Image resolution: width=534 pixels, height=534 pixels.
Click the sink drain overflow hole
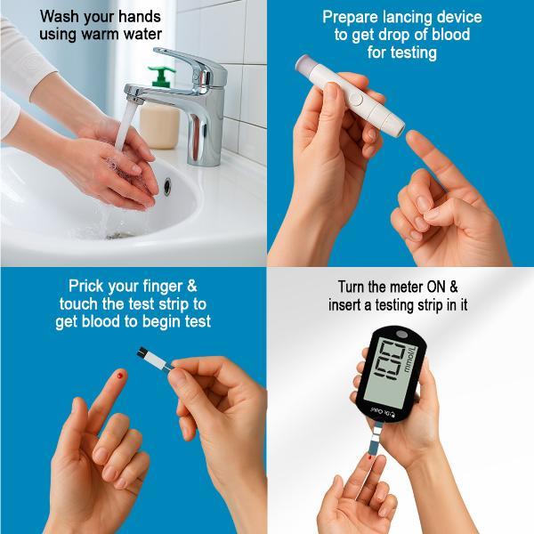click(167, 186)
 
